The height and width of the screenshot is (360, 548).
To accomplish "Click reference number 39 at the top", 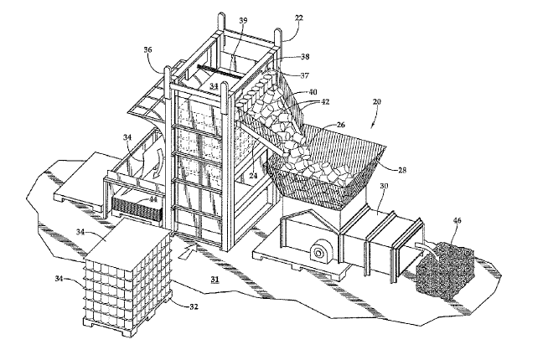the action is point(243,20).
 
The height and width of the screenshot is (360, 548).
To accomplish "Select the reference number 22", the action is point(299,18).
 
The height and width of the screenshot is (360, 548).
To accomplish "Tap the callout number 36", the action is point(147,49).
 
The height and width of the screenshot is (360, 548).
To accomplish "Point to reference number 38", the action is point(305,56).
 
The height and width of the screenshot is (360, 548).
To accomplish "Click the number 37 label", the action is point(305,75).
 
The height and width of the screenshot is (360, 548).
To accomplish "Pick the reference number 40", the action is point(313,92).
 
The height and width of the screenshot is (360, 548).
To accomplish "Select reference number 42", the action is point(325,102).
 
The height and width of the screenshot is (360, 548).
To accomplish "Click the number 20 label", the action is point(376,102).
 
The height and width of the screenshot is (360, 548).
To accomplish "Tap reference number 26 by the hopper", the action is point(340,125).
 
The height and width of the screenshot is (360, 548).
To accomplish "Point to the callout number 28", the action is point(402,170).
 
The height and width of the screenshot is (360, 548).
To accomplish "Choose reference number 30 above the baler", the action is point(384,186).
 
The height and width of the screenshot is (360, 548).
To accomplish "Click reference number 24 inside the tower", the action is point(253,176).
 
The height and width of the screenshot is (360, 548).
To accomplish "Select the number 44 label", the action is point(153,200).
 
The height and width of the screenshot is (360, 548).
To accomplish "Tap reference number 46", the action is point(458,220).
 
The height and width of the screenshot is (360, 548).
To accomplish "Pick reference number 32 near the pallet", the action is point(194,306).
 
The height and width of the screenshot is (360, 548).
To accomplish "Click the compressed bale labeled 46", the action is point(445,272).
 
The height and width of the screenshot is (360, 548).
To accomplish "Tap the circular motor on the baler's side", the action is point(318,253).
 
